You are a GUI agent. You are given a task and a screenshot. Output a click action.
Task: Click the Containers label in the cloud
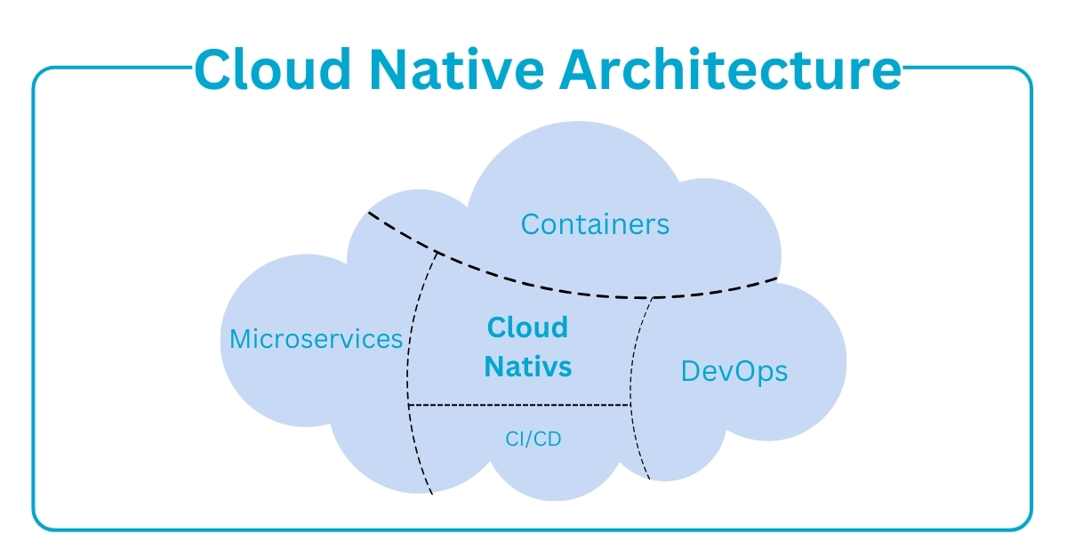pyautogui.click(x=595, y=223)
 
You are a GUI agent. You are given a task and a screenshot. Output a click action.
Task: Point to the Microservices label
pyautogui.click(x=316, y=339)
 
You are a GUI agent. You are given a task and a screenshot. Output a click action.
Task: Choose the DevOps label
pyautogui.click(x=734, y=370)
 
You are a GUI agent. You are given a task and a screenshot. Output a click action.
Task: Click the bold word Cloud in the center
pyautogui.click(x=527, y=327)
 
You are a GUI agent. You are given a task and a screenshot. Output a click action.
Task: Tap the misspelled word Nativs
pyautogui.click(x=527, y=366)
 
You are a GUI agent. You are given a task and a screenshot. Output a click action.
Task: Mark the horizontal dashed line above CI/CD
pyautogui.click(x=519, y=406)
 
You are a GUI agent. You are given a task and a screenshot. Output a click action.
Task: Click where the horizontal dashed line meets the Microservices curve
pyautogui.click(x=408, y=406)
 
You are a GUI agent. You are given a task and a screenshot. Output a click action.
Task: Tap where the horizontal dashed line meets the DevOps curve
pyautogui.click(x=630, y=406)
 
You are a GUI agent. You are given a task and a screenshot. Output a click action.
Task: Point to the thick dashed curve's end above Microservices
pyautogui.click(x=369, y=213)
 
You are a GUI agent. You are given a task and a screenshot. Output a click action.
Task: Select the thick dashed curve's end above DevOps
pyautogui.click(x=775, y=279)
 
